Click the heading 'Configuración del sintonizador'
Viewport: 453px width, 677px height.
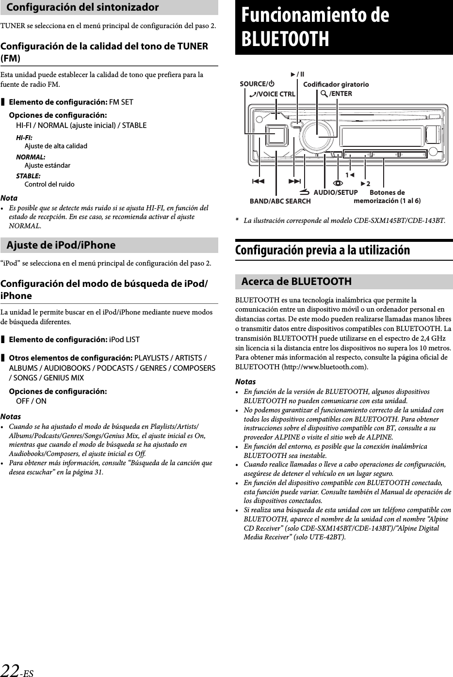coord(83,7)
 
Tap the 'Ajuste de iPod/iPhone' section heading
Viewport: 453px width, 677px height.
coord(61,245)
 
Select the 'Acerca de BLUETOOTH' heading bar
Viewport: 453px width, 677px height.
coord(296,282)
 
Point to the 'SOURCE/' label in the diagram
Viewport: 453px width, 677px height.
coord(254,84)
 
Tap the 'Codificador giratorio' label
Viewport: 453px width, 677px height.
coord(336,85)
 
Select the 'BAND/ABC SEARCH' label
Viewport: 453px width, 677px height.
coord(280,201)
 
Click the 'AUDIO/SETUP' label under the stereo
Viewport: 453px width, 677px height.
coord(336,192)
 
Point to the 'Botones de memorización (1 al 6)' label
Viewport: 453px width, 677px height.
coord(387,197)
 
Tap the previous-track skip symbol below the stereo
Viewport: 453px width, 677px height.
coord(259,181)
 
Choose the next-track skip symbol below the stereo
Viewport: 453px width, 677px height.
coord(294,181)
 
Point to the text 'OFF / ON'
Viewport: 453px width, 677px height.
coord(32,401)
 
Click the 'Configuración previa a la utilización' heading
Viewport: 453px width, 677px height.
coord(323,251)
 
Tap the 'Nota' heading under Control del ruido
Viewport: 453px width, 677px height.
coord(9,198)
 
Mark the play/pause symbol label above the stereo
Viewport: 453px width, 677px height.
coord(297,74)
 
